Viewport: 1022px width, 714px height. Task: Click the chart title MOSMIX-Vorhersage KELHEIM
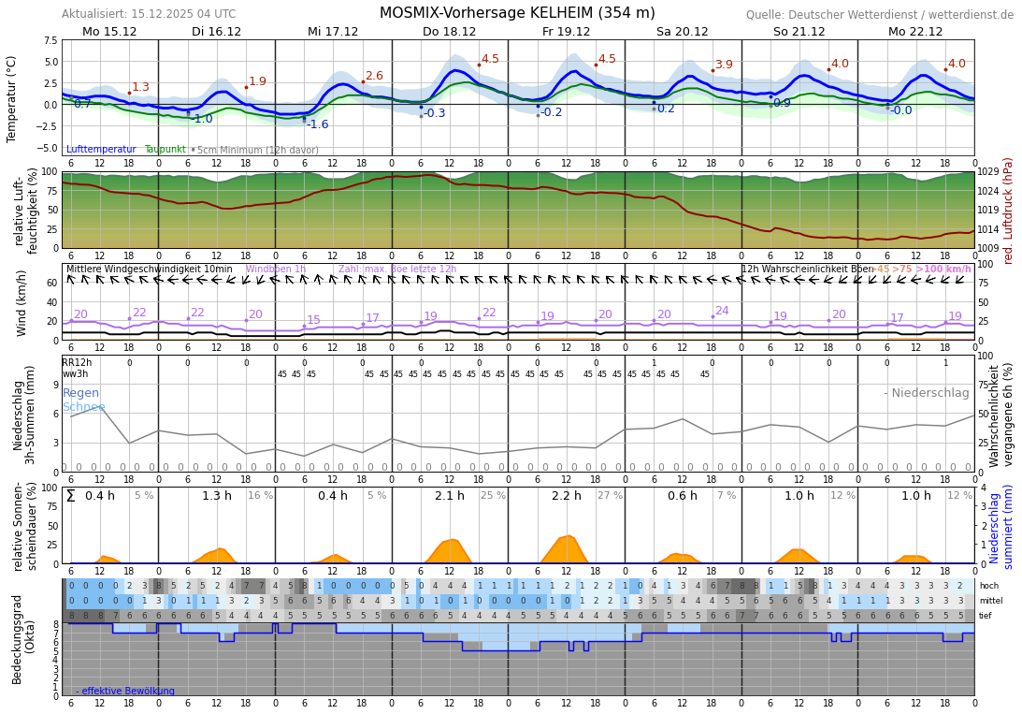517,13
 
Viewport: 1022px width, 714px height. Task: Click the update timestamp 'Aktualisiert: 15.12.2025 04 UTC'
149,14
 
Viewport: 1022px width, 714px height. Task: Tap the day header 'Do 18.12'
449,31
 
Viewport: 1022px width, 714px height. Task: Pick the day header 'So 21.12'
799,31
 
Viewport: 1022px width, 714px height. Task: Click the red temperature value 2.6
374,76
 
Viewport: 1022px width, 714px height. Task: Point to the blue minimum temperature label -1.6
318,124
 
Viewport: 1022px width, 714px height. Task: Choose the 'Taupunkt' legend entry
165,150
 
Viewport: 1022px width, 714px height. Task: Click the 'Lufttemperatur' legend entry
101,150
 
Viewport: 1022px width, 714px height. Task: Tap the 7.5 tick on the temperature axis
48,41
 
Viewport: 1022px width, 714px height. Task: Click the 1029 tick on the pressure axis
988,172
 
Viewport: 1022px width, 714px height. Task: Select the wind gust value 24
722,311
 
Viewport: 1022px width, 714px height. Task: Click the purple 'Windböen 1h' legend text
276,270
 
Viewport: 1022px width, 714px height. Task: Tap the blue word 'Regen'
80,393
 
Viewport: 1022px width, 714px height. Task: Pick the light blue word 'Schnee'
83,407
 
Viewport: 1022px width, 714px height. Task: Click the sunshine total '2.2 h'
566,496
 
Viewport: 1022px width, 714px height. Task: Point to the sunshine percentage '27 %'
610,496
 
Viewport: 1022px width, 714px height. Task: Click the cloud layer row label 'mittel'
990,601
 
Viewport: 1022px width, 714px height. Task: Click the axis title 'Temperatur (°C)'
12,98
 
